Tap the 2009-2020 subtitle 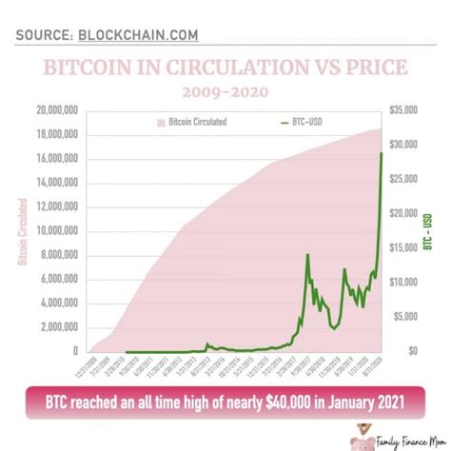click(x=225, y=91)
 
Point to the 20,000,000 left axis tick click(x=58, y=110)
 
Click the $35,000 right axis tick click(x=402, y=110)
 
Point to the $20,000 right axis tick click(x=402, y=213)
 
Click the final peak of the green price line click(x=382, y=153)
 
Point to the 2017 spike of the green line click(x=307, y=255)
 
